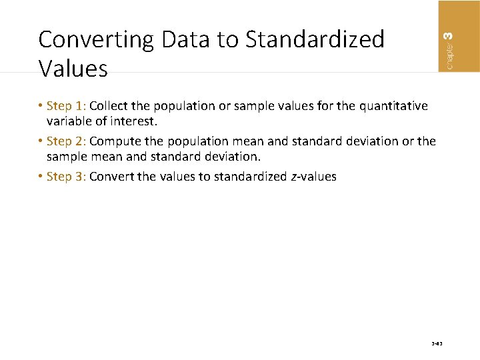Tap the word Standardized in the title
point(315,40)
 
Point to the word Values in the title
point(73,68)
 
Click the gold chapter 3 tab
point(458,35)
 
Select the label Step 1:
point(67,106)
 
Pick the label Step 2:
point(67,141)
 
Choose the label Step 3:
point(67,177)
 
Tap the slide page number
point(437,345)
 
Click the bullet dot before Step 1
point(41,106)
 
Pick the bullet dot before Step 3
point(41,177)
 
